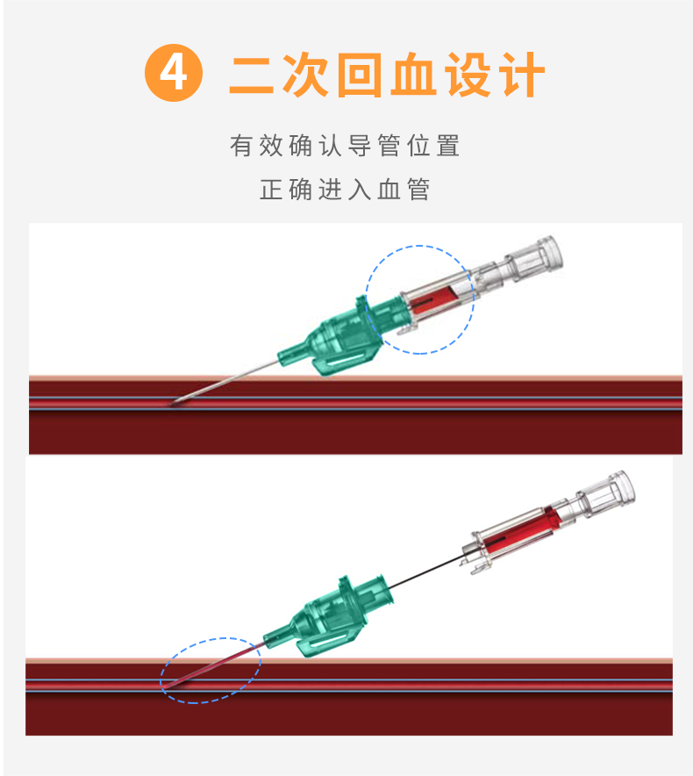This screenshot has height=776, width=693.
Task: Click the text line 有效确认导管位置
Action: coord(346,146)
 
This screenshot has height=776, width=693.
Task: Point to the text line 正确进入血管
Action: coord(346,190)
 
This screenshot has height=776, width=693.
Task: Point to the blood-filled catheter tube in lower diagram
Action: coord(215,665)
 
